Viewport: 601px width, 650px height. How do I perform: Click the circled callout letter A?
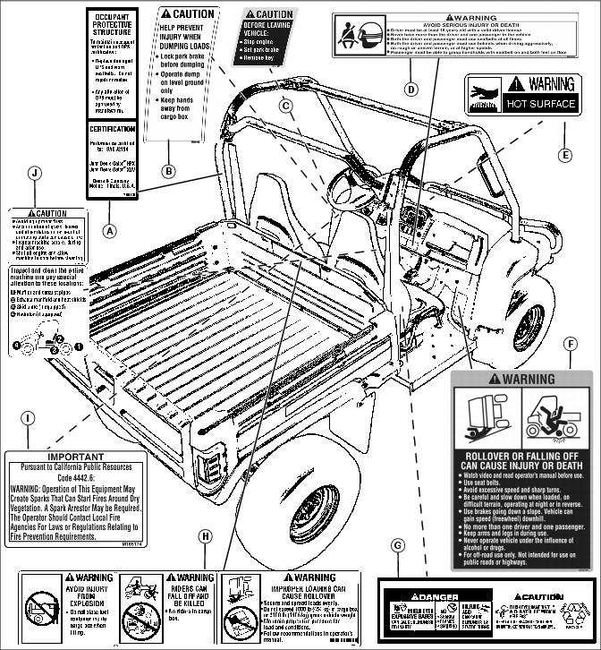(x=111, y=230)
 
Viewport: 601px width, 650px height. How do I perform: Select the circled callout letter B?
(x=169, y=170)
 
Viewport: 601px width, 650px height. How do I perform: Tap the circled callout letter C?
(x=286, y=106)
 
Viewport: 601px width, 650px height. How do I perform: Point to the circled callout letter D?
(x=411, y=89)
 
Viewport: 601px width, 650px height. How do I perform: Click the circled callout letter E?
(x=565, y=154)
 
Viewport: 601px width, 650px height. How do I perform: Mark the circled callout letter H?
(x=207, y=535)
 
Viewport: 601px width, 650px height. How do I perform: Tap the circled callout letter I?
(x=30, y=417)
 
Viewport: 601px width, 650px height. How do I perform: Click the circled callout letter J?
(x=35, y=173)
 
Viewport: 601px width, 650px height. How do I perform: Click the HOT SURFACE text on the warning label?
(x=541, y=104)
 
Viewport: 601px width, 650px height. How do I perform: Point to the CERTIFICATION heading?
(x=113, y=129)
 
